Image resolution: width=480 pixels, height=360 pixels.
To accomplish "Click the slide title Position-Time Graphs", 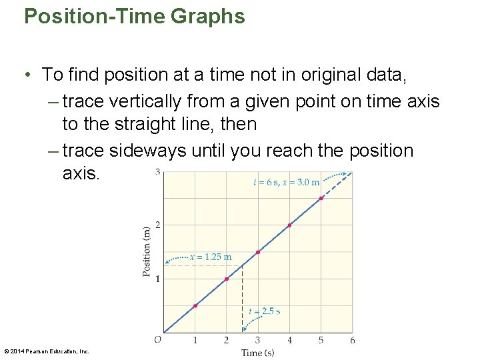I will click(134, 16).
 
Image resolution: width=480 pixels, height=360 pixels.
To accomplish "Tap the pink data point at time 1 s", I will click(195, 306).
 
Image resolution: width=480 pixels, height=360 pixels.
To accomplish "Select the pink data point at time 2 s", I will click(227, 279).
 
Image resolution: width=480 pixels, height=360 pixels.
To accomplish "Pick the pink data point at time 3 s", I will click(258, 252).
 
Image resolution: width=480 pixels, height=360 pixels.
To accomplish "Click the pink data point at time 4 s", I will click(289, 225).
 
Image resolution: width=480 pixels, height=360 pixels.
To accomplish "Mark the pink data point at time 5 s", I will click(321, 198).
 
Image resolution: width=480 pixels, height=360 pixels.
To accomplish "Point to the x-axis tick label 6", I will click(352, 341).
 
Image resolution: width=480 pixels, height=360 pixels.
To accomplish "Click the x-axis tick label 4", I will click(289, 341).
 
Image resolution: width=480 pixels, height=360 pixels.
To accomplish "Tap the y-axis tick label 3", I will click(157, 173).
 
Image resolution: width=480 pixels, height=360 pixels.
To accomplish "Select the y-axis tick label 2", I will click(157, 225).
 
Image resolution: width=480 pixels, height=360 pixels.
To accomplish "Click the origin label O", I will click(157, 340).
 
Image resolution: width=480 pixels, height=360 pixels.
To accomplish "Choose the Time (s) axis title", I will click(257, 353).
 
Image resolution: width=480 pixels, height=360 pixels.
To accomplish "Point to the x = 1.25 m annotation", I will click(211, 257).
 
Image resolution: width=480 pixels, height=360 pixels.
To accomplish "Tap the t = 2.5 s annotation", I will click(264, 311).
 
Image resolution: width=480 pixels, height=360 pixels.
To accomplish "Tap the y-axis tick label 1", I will click(157, 279).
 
